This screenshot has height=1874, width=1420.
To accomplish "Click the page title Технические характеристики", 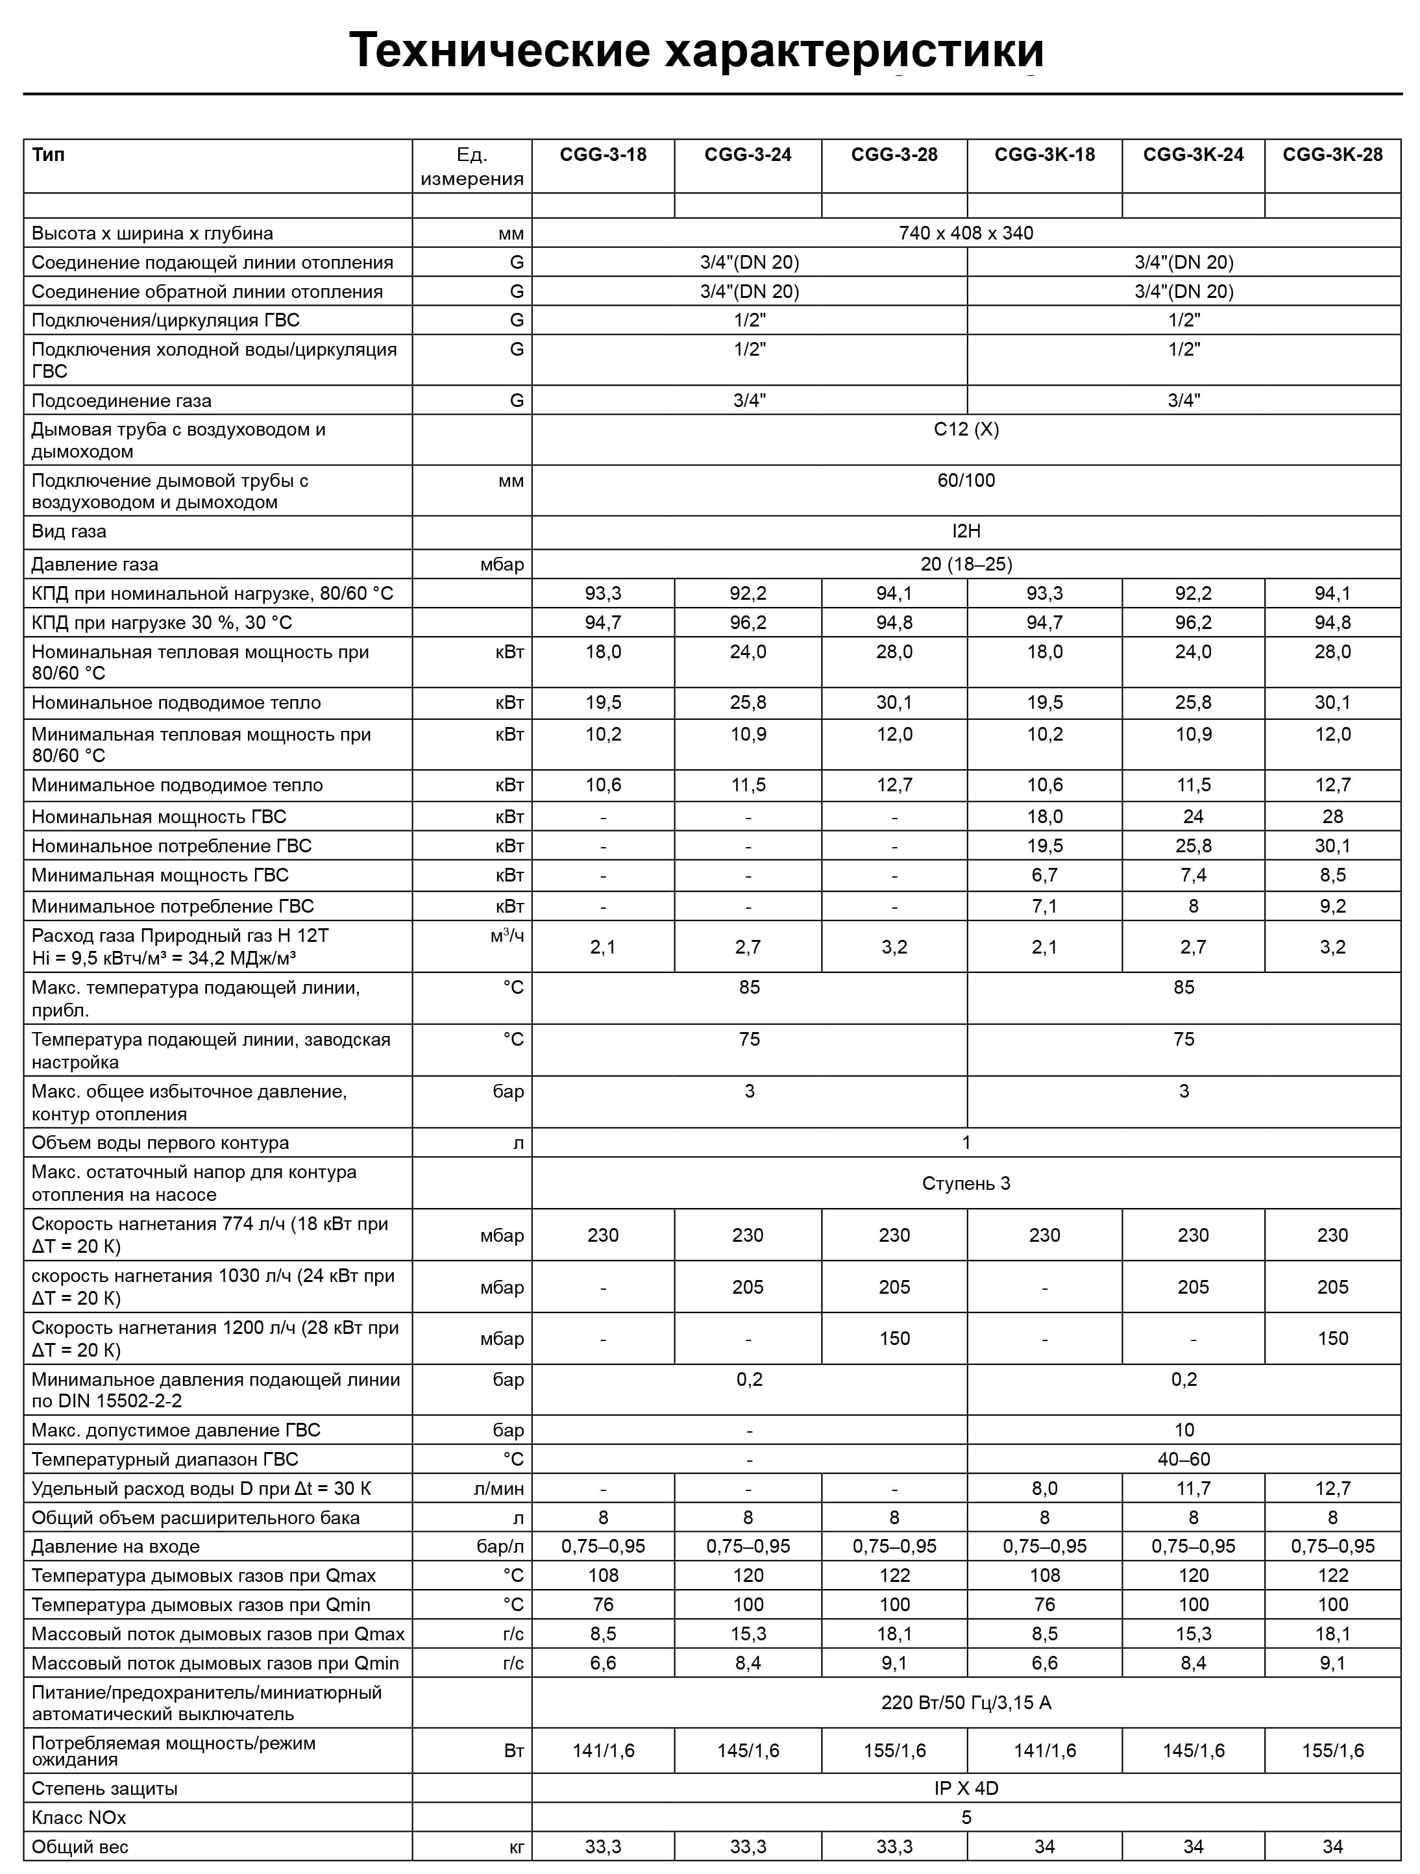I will pos(696,50).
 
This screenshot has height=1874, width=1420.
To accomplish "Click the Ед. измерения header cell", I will pos(472,166).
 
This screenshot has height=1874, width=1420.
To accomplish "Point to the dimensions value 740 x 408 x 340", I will pos(966,233).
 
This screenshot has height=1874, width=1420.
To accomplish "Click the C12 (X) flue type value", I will pos(966,430).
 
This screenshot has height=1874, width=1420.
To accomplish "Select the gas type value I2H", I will pos(966,531).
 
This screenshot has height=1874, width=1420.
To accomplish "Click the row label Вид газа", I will pos(69,531).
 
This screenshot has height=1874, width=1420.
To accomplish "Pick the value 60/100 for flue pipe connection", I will pos(966,480).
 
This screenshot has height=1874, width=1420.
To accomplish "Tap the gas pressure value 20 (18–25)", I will pos(966,564).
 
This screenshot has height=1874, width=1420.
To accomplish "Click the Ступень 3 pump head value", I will pos(966,1183).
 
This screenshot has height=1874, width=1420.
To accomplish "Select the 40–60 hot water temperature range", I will pos(1184,1459).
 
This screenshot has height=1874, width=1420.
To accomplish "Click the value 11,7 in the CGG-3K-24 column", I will pos(1193,1488).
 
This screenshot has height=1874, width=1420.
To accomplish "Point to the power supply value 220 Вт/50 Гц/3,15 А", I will pos(966,1703).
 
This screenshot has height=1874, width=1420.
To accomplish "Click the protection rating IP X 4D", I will pos(966,1788).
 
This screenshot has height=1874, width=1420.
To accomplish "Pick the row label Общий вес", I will pos(80,1847).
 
